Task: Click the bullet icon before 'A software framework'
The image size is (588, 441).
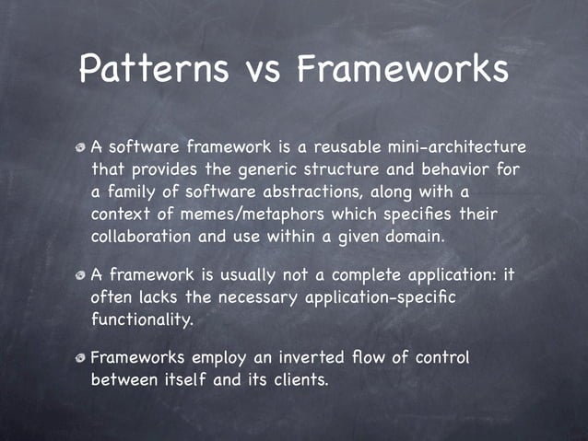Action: pos(82,147)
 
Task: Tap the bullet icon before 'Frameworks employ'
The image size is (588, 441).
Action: pos(82,358)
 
